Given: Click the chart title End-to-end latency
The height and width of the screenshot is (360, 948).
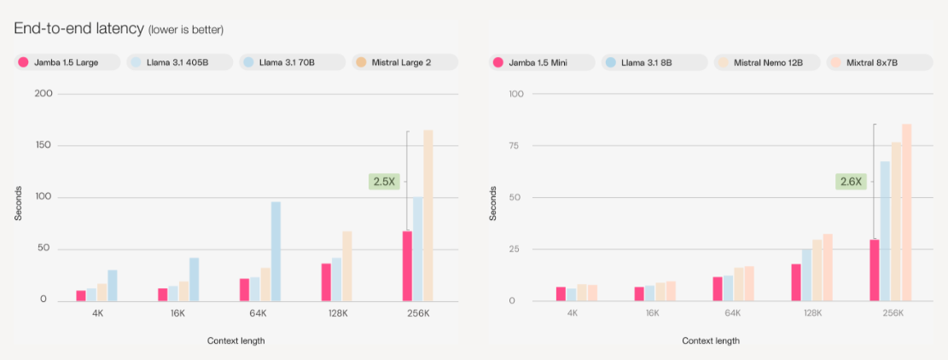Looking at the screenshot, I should pos(79,28).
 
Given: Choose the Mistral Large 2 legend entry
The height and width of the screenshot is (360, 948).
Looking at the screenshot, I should pos(404,62).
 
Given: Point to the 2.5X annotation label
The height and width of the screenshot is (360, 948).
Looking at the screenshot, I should pos(382,181).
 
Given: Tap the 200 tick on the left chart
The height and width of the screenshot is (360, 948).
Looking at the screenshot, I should pos(44,93).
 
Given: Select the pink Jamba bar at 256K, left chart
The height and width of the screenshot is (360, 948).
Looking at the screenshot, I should pos(407,265).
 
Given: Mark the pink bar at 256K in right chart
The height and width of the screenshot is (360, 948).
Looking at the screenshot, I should pos(874,270).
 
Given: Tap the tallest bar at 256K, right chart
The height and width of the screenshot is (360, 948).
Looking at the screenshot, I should pos(906,212).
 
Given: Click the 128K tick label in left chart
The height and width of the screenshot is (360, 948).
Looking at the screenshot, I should pos(337,313).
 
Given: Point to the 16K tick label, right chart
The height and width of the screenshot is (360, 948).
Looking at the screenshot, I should pos(653,313).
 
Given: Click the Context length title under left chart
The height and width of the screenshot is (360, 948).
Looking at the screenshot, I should pos(236,341).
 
